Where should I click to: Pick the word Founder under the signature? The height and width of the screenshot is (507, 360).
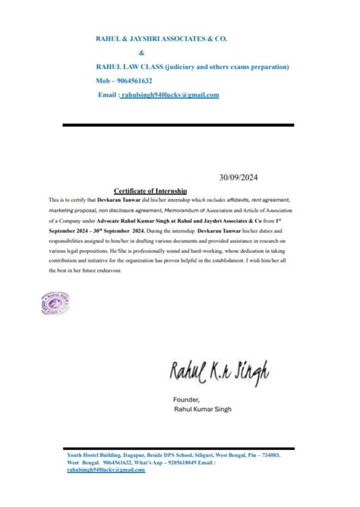(186, 398)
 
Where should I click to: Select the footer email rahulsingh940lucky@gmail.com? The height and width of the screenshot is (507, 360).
(106, 470)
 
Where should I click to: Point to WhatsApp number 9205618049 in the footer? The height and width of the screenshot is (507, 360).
(187, 461)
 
